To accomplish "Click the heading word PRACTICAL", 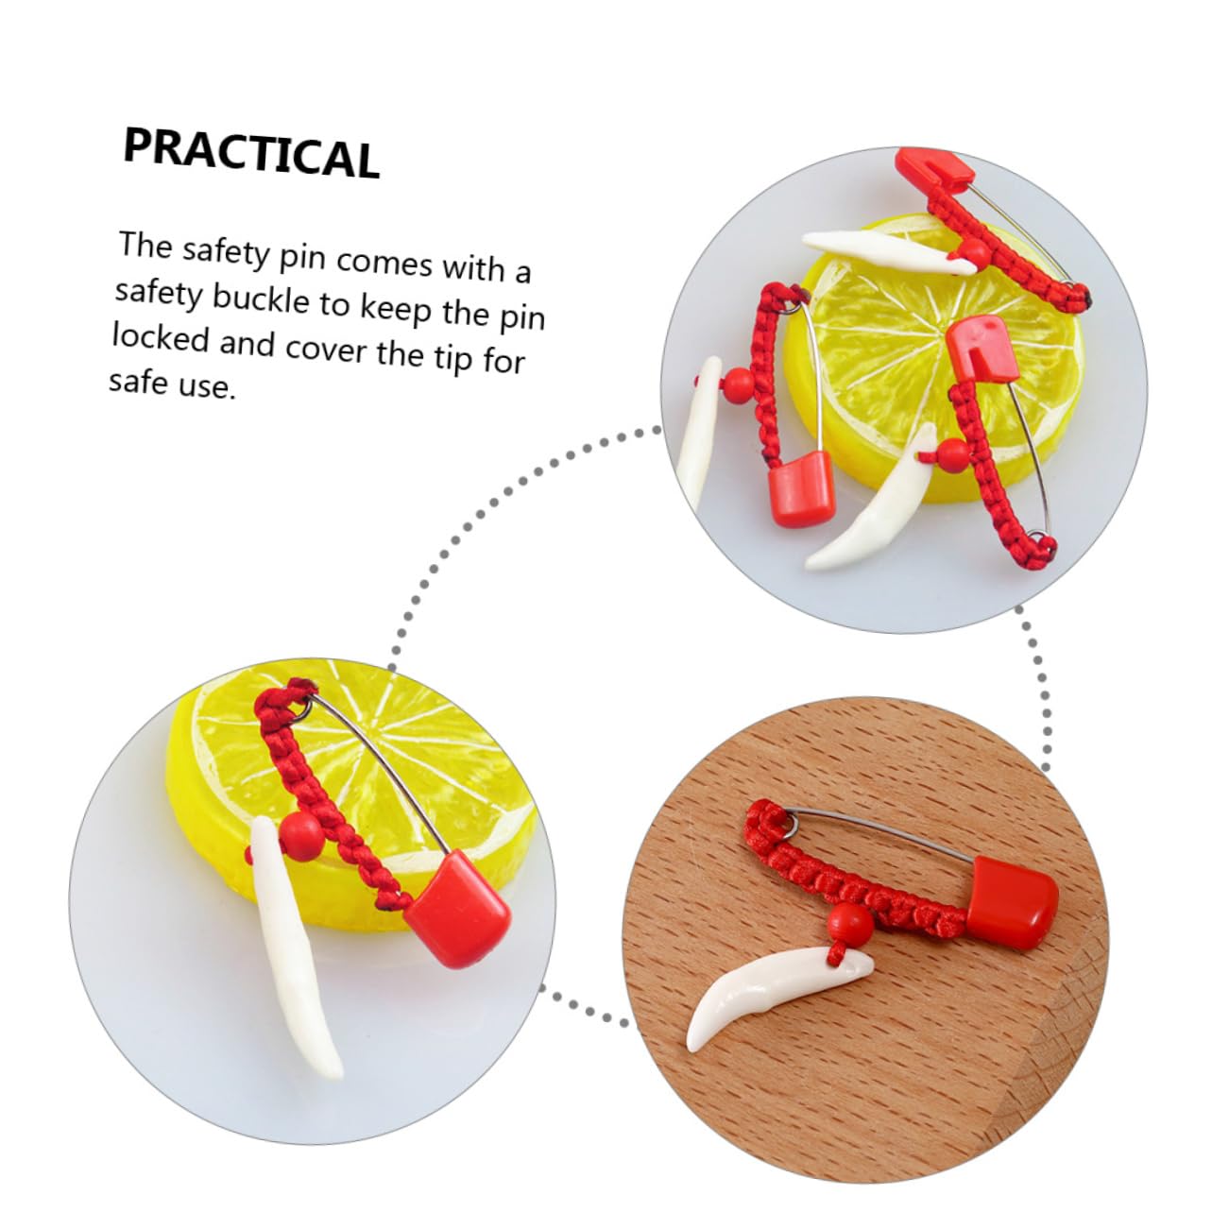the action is pos(251,153).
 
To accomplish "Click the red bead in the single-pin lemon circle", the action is pos(302,836).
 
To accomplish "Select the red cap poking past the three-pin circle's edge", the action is pos(934,170).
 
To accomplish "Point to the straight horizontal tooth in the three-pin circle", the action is pos(888,251).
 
